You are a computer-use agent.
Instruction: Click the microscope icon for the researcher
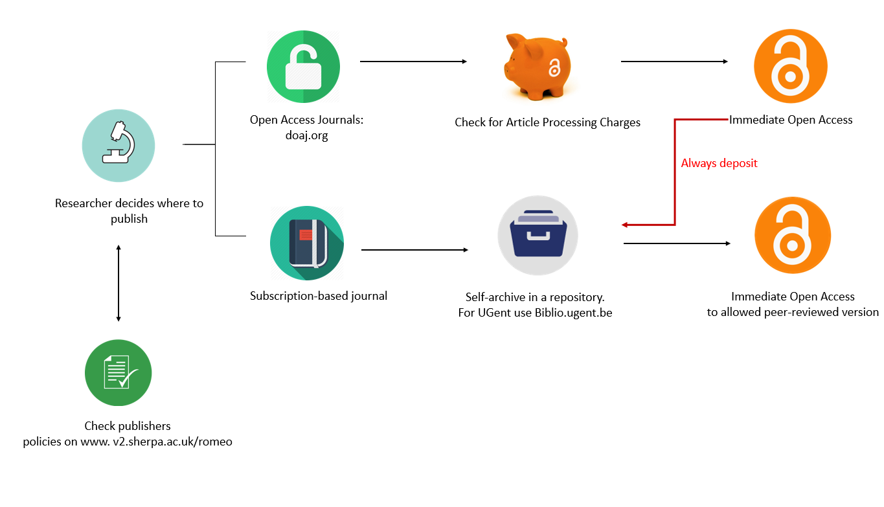click(x=118, y=145)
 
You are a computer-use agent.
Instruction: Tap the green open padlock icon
click(x=303, y=67)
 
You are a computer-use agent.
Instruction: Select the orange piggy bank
click(x=537, y=67)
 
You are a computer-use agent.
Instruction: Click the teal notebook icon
click(x=306, y=243)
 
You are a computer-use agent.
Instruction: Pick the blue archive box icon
click(x=538, y=235)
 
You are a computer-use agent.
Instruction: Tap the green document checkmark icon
click(x=118, y=373)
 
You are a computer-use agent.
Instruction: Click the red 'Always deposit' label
click(x=719, y=163)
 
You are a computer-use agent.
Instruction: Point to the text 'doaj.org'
click(x=306, y=136)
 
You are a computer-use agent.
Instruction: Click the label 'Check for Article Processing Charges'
click(x=547, y=122)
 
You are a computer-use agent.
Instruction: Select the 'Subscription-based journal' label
click(x=319, y=296)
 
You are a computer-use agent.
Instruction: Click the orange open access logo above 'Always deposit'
click(x=790, y=67)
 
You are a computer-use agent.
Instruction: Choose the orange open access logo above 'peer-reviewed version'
click(x=792, y=235)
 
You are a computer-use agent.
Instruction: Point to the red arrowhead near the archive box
click(x=625, y=225)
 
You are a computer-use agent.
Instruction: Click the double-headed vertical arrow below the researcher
click(x=118, y=283)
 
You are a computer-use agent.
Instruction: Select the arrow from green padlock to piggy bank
click(x=413, y=62)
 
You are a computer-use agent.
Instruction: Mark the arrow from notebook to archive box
click(x=414, y=249)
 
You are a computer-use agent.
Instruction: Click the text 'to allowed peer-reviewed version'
click(x=792, y=312)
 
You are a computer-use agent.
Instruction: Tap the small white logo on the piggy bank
click(x=554, y=67)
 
